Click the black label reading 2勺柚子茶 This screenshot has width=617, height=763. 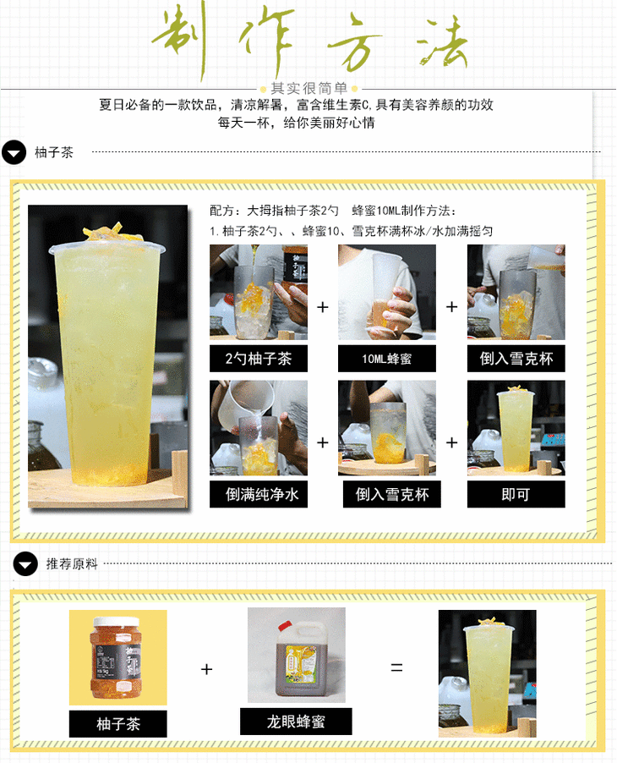tap(258, 359)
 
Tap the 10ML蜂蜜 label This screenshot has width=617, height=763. tap(387, 359)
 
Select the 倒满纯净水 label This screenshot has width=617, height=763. tap(258, 494)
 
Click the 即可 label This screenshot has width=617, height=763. tap(516, 494)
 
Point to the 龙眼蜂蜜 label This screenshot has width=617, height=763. tap(296, 722)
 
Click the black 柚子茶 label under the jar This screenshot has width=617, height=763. tap(117, 723)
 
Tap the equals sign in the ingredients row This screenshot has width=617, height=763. tap(396, 667)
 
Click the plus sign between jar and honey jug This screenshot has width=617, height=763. tap(206, 669)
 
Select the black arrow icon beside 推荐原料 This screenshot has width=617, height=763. tap(25, 564)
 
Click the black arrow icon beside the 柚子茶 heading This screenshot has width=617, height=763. tap(14, 152)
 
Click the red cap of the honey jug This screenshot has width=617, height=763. tap(284, 626)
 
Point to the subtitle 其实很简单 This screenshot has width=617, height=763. tap(308, 88)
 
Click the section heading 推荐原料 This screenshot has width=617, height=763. tap(72, 564)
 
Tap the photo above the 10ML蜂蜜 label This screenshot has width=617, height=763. tap(387, 292)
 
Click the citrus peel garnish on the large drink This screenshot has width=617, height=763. tap(108, 231)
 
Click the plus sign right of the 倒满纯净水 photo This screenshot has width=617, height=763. tap(322, 442)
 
